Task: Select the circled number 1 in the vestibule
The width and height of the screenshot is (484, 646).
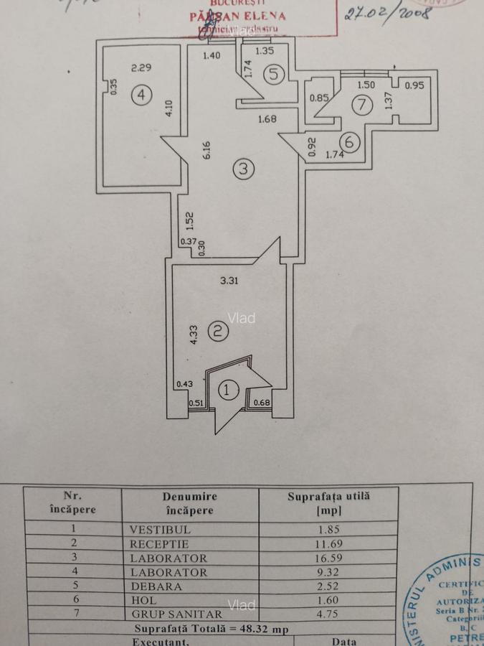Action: point(227,390)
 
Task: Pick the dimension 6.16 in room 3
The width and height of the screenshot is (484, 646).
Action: point(207,150)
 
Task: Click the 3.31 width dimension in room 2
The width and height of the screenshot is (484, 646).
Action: point(229,281)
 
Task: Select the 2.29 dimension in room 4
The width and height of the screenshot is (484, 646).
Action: point(141,69)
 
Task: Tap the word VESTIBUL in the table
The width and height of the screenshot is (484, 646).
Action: point(161,529)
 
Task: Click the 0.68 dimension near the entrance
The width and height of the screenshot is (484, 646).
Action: point(261,403)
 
